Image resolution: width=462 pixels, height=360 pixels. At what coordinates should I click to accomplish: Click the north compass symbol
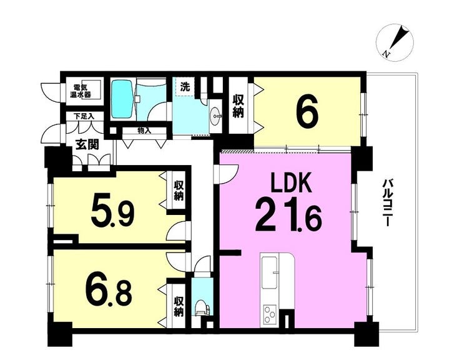click(x=395, y=43)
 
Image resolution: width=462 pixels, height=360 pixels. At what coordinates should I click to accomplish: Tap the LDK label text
click(x=292, y=183)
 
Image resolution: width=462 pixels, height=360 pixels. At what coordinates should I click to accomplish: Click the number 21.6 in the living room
click(x=288, y=216)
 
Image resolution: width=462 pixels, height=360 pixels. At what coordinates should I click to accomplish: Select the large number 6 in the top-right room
click(x=308, y=111)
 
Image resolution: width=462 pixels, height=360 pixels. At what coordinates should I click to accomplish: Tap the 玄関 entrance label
click(x=87, y=145)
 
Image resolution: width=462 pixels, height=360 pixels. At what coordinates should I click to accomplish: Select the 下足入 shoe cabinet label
click(x=84, y=116)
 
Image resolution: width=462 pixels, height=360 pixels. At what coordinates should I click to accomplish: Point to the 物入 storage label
click(x=144, y=131)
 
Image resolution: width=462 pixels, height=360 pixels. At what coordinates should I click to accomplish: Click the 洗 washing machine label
click(x=185, y=87)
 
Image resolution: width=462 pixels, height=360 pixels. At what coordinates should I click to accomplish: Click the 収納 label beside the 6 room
click(x=238, y=106)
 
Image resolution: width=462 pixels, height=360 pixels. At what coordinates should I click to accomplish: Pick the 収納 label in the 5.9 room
click(x=179, y=191)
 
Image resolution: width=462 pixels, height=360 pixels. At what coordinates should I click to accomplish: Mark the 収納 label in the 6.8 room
click(x=179, y=307)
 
